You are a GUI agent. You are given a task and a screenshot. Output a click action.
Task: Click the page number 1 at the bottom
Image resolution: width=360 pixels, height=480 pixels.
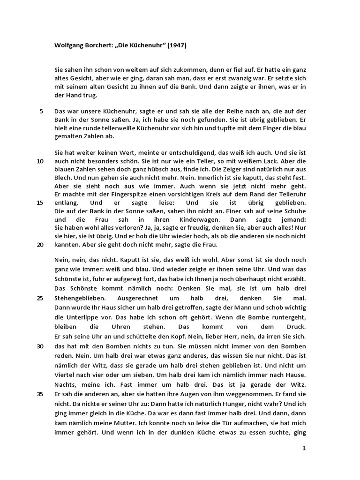(x=304, y=448)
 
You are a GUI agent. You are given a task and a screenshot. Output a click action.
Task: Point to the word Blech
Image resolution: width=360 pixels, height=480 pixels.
(x=63, y=178)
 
